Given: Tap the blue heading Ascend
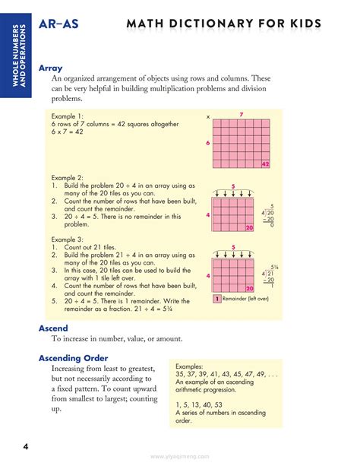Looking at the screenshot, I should pyautogui.click(x=53, y=328).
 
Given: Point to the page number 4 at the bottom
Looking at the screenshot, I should pyautogui.click(x=25, y=445).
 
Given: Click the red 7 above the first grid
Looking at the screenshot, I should pyautogui.click(x=240, y=115).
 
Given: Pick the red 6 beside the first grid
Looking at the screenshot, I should pyautogui.click(x=207, y=144).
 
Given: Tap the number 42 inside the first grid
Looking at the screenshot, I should pyautogui.click(x=265, y=164).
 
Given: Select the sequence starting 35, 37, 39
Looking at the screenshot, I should pyautogui.click(x=224, y=374).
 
